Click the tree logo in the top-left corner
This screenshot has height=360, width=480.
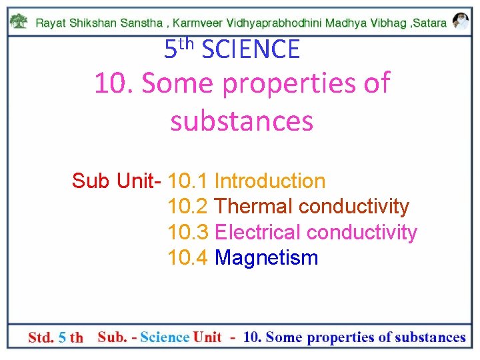(x=20, y=21)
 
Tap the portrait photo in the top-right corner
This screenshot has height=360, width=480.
(x=460, y=21)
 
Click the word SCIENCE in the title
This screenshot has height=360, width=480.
(x=251, y=49)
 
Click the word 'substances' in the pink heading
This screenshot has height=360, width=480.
(x=241, y=121)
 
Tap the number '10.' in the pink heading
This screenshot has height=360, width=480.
(x=114, y=84)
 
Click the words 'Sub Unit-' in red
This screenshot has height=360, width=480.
(x=117, y=181)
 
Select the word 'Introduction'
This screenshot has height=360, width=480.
(x=270, y=181)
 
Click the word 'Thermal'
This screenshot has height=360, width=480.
(x=254, y=207)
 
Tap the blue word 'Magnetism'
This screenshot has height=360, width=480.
(x=267, y=258)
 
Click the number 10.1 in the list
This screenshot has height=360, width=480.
(x=188, y=181)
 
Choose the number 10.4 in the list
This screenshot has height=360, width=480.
(x=188, y=258)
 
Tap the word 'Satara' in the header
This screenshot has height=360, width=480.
(x=431, y=22)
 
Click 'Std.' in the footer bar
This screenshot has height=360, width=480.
(x=41, y=337)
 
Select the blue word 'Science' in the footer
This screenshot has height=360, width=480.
(x=165, y=337)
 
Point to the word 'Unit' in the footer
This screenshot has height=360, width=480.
(x=207, y=337)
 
